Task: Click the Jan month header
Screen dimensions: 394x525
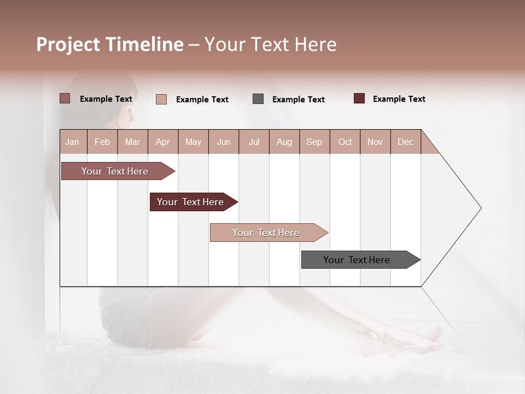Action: pyautogui.click(x=72, y=142)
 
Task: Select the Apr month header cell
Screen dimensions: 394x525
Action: pyautogui.click(x=162, y=142)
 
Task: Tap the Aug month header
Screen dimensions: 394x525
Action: pyautogui.click(x=284, y=142)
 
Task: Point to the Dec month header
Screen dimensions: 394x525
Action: pyautogui.click(x=405, y=142)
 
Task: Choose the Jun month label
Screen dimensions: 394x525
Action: pyautogui.click(x=223, y=142)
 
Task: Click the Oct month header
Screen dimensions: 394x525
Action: pyautogui.click(x=345, y=142)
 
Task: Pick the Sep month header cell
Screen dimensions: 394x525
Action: pyautogui.click(x=314, y=142)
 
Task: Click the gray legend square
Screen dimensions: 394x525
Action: pyautogui.click(x=258, y=99)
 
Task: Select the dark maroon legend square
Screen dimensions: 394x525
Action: pyautogui.click(x=359, y=99)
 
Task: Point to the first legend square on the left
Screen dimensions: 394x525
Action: pyautogui.click(x=65, y=99)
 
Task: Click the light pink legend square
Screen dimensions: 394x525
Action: pyautogui.click(x=161, y=99)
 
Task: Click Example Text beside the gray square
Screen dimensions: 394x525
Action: pyautogui.click(x=298, y=100)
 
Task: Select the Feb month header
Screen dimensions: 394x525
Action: pyautogui.click(x=102, y=142)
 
